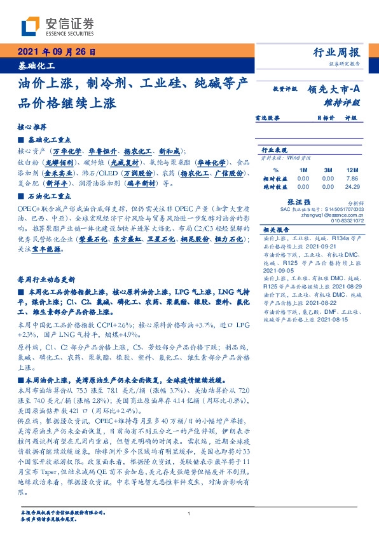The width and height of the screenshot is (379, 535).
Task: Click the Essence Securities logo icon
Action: point(31,25)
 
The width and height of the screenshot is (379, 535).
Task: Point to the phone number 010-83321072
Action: point(347,220)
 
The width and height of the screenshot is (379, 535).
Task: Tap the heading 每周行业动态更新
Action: point(46,279)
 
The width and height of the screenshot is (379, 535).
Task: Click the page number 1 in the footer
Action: point(190,513)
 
